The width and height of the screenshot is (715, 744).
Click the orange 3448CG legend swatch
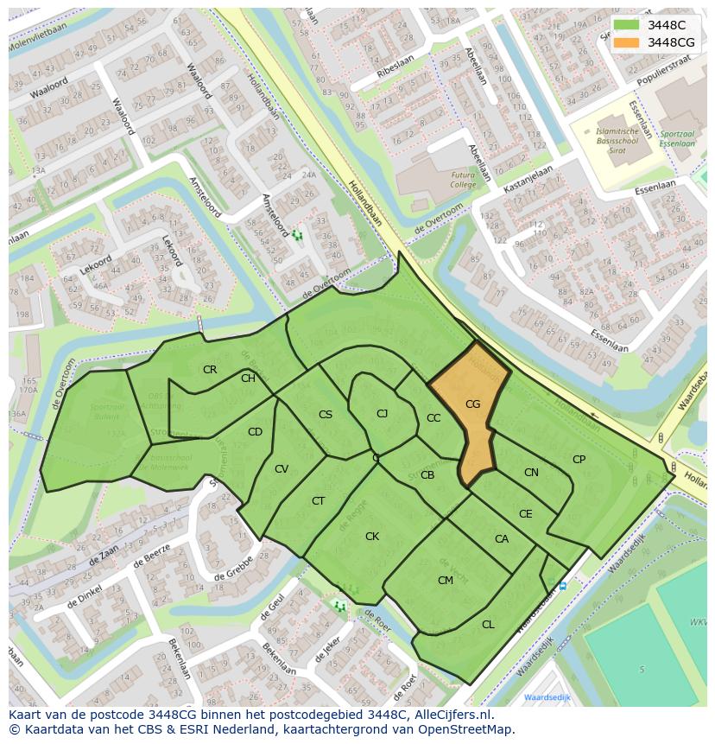click(628, 42)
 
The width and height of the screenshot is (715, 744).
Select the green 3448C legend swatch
click(628, 25)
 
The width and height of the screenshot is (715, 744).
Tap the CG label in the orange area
click(472, 404)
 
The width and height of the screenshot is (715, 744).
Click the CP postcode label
click(579, 460)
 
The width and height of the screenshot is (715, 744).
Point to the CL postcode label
click(488, 625)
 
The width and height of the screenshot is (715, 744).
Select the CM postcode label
click(446, 581)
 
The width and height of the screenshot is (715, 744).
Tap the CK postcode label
click(372, 537)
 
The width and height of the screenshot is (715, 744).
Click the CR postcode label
click(210, 370)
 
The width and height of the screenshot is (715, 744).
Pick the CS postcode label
click(326, 415)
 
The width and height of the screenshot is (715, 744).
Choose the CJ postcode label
click(382, 414)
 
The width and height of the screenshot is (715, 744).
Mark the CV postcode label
click(282, 469)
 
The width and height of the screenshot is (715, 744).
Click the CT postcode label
click(319, 501)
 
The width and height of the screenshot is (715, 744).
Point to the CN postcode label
click(531, 473)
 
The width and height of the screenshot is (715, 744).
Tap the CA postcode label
click(502, 539)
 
